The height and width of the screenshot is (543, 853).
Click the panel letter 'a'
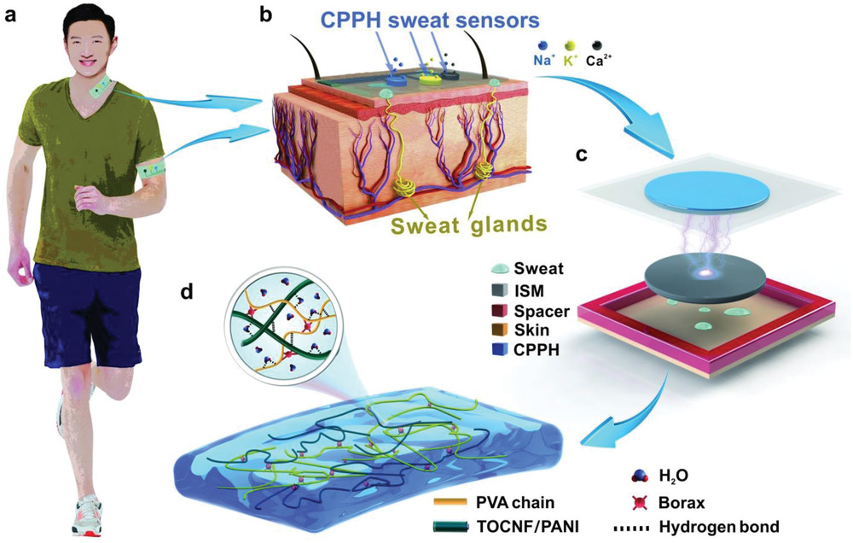tap(11, 15)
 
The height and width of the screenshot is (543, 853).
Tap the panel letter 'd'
tap(187, 292)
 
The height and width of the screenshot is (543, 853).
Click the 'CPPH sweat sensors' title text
tap(430, 20)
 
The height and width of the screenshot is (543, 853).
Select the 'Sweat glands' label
tap(467, 224)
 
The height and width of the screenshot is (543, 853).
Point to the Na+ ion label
tap(543, 61)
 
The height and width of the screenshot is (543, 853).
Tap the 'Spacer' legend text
tap(542, 311)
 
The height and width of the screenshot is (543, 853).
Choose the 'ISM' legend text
tap(529, 291)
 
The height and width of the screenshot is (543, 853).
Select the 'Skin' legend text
tap(531, 330)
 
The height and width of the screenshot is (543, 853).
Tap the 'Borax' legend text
tap(681, 502)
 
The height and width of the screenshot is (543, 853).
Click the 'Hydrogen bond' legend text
tap(718, 528)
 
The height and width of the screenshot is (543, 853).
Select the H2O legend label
tap(673, 476)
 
